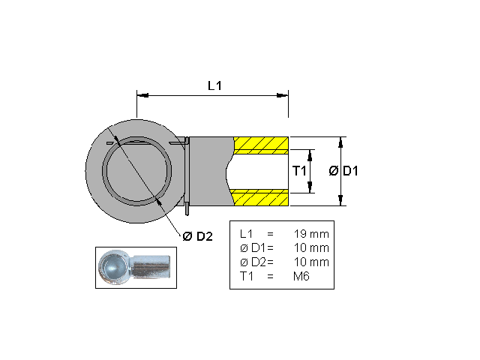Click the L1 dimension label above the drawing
214,85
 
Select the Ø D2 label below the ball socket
198,236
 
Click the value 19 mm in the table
312,234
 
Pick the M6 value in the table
302,277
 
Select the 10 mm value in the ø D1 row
312,248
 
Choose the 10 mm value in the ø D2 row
312,262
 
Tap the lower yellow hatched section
261,197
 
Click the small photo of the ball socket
136,266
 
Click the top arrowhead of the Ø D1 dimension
341,141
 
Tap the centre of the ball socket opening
137,171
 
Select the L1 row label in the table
245,234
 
